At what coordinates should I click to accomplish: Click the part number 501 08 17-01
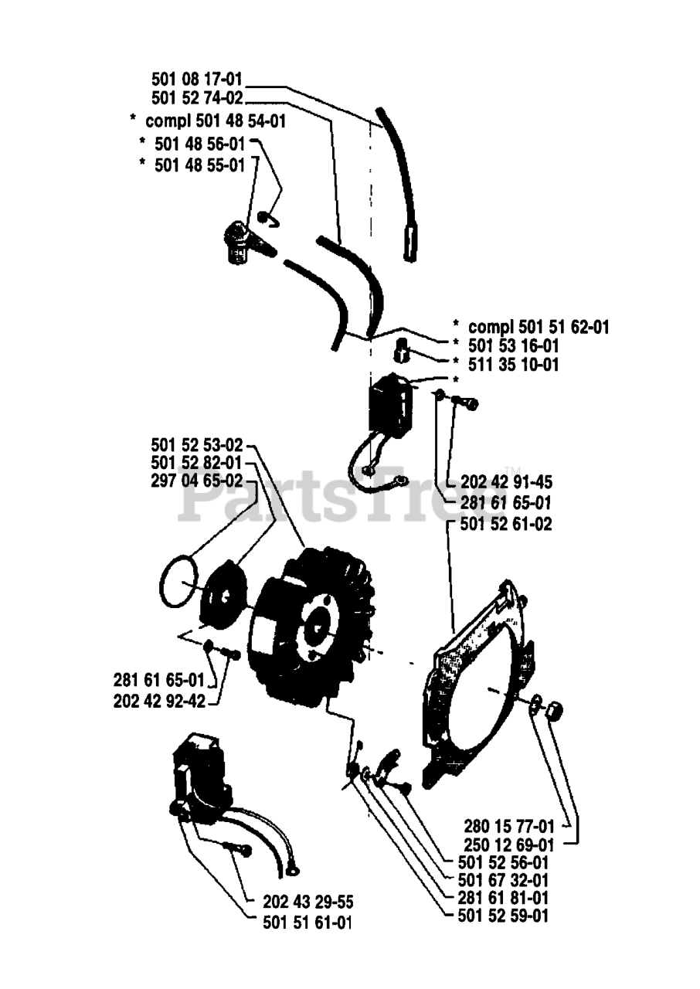click(197, 79)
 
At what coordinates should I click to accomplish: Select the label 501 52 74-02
click(197, 98)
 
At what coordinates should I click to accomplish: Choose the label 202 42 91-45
click(506, 482)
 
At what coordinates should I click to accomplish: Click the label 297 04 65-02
click(197, 481)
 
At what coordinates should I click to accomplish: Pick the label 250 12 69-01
click(510, 843)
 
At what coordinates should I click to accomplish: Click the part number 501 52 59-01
click(503, 916)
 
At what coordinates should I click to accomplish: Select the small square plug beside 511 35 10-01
click(401, 351)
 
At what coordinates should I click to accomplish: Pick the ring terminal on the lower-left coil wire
click(293, 872)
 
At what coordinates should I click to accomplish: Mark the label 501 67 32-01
click(503, 880)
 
